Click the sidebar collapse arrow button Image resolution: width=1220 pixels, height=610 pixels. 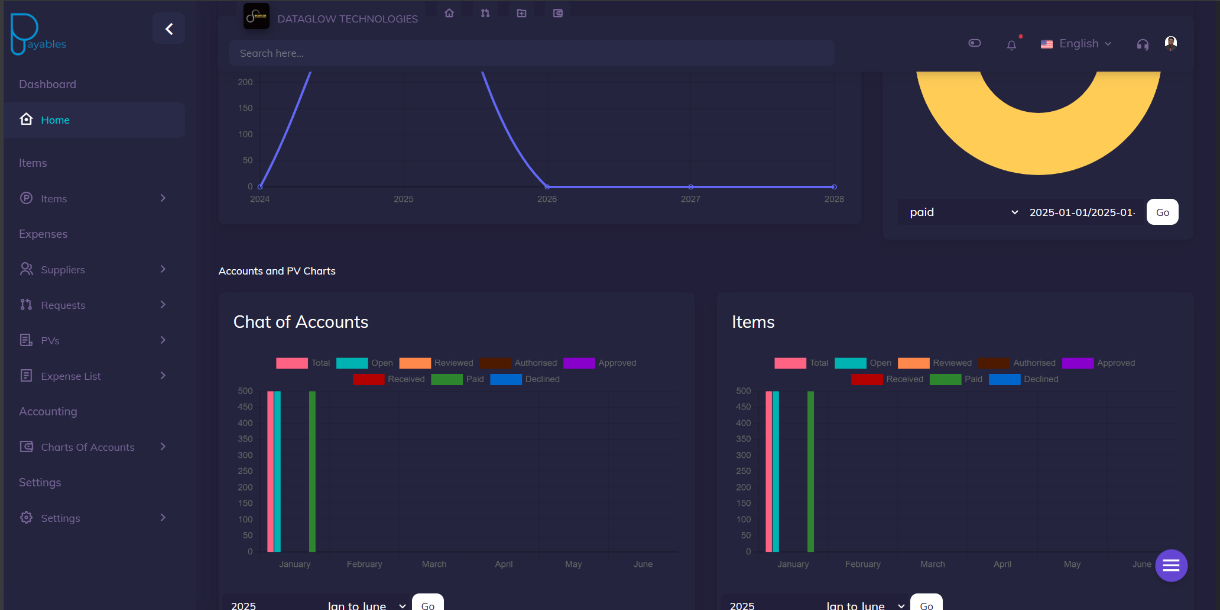[x=168, y=29]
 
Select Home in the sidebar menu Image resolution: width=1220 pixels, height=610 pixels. [x=55, y=120]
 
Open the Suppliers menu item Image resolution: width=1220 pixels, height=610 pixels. [x=63, y=270]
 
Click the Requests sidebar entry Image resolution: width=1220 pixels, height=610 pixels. [x=63, y=305]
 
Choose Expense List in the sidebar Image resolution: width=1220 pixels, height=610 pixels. [x=70, y=376]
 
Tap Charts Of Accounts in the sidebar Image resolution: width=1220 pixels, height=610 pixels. [x=87, y=447]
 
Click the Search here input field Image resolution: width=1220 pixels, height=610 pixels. [x=531, y=53]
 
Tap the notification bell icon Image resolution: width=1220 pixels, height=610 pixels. [x=1011, y=45]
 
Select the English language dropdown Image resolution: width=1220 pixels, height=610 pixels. [x=1078, y=44]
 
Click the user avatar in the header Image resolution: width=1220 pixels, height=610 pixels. [x=1170, y=43]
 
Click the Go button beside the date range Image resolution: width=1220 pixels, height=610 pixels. [x=1162, y=212]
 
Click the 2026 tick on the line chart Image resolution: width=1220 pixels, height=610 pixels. [x=547, y=199]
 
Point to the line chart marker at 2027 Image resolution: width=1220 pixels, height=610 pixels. [x=690, y=187]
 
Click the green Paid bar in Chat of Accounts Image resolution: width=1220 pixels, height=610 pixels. [x=312, y=471]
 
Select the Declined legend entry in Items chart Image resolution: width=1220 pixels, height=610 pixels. [x=1040, y=379]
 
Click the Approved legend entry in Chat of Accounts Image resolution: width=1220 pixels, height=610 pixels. [x=617, y=363]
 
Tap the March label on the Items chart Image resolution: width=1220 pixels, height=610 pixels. [x=932, y=564]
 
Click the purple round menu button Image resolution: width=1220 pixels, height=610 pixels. [x=1171, y=566]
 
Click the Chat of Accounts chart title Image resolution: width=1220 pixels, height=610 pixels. [x=300, y=322]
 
